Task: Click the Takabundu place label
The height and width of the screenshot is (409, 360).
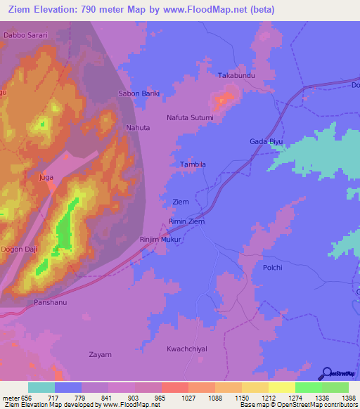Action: pos(235,74)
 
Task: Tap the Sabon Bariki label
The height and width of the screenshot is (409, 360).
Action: pos(139,93)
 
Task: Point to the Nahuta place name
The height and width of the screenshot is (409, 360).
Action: pos(138,128)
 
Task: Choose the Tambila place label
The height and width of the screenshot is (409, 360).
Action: pos(193,164)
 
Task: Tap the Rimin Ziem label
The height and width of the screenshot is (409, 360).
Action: pos(187,221)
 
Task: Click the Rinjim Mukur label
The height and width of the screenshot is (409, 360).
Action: pos(161,240)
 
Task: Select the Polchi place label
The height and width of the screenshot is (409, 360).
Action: pos(272,268)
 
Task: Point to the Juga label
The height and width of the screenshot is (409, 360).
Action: pos(46,177)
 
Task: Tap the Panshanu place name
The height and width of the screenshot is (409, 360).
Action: pos(50,302)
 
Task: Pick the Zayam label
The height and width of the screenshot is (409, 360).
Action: pos(100,355)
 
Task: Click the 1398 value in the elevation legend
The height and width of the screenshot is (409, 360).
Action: pos(349,398)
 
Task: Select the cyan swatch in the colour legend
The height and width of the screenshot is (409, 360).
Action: pos(41,387)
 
